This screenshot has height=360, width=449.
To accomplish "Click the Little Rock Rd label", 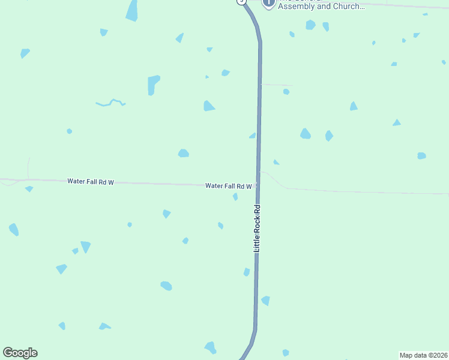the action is click(257, 228).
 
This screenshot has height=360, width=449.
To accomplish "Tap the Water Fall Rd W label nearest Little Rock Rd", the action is click(228, 186).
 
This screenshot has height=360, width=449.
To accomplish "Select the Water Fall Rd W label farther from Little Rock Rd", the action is click(91, 181).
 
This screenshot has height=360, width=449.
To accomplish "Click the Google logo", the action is click(20, 353).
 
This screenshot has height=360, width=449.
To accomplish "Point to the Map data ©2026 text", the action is click(423, 355).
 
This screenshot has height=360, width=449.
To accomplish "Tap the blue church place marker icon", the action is click(269, 2).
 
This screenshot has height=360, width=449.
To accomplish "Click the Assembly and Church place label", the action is click(321, 7).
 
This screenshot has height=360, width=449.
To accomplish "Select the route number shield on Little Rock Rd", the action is click(241, 2).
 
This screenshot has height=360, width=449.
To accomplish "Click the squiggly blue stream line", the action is click(110, 103).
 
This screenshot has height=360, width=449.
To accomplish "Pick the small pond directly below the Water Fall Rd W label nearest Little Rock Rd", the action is click(235, 197).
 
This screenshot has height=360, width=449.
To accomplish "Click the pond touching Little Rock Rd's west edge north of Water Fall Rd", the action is click(253, 136).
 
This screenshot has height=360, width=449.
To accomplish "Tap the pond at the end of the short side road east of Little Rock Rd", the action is click(286, 92).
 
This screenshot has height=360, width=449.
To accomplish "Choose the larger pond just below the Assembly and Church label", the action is click(310, 25).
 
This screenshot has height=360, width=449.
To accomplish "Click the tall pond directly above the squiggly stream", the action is click(154, 85).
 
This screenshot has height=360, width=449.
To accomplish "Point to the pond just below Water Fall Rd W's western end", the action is click(29, 189).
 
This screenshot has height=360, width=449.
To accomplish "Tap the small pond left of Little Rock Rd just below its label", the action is click(247, 272).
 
